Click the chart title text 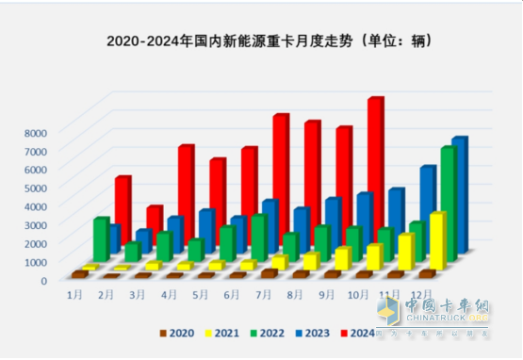[261, 41]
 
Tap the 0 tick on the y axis [42, 280]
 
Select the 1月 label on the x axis [74, 295]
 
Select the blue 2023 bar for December [459, 193]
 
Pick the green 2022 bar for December [448, 203]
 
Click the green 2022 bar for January [101, 239]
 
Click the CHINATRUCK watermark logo [433, 317]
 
